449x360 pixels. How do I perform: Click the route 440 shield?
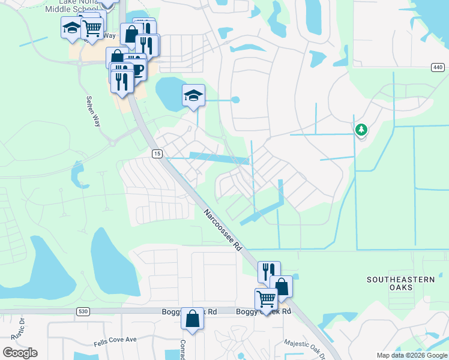point(436,68)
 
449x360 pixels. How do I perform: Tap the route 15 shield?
point(157,154)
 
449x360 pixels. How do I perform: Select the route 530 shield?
point(83,311)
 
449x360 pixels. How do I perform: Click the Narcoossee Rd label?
point(222,230)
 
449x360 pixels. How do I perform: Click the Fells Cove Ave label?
point(115,340)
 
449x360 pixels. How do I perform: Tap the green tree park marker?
point(361,129)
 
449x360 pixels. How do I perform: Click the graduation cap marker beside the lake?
point(193,95)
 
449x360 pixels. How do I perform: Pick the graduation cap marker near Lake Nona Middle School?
point(71,28)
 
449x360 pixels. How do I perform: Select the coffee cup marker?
point(137,69)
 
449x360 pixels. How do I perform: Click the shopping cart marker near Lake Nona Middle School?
point(92,28)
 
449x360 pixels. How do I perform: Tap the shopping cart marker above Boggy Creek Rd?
point(266,298)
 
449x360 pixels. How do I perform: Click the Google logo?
point(20,353)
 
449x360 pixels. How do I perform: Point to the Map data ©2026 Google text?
point(412,355)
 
